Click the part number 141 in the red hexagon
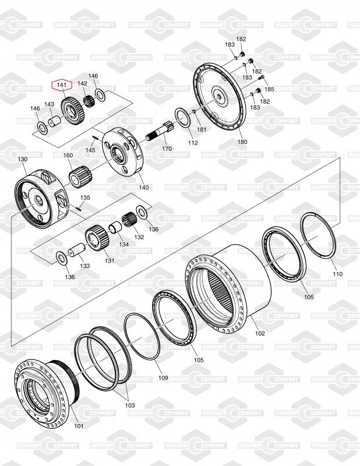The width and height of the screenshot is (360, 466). [x=62, y=85]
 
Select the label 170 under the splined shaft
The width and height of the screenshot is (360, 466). [x=167, y=149]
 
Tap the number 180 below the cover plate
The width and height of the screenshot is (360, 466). [x=242, y=142]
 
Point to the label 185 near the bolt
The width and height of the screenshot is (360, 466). [x=269, y=89]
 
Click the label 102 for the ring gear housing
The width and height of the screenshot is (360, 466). [x=260, y=333]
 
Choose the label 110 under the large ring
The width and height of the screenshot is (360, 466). [x=337, y=274]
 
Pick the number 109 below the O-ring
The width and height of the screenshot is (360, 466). [x=163, y=377]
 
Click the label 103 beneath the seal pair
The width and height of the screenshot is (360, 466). [x=130, y=405]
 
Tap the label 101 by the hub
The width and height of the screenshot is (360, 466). [x=79, y=426]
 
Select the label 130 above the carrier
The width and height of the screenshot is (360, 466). [x=22, y=159]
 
